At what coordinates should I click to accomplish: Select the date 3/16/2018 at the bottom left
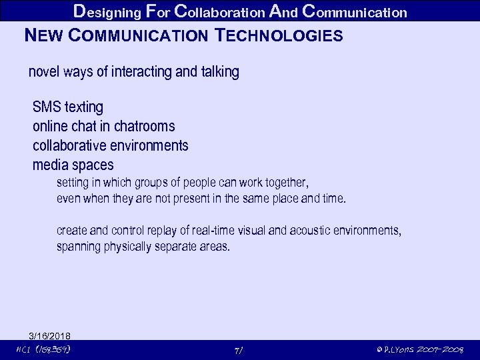(x=50, y=335)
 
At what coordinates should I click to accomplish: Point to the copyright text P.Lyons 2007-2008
(x=420, y=350)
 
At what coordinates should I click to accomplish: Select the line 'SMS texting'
(x=68, y=107)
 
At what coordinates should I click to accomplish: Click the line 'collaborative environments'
(x=111, y=145)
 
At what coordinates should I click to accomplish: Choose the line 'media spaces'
(x=73, y=165)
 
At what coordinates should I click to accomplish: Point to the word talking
(x=219, y=72)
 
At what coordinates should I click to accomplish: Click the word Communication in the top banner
(x=354, y=11)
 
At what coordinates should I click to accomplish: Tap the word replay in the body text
(x=163, y=231)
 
